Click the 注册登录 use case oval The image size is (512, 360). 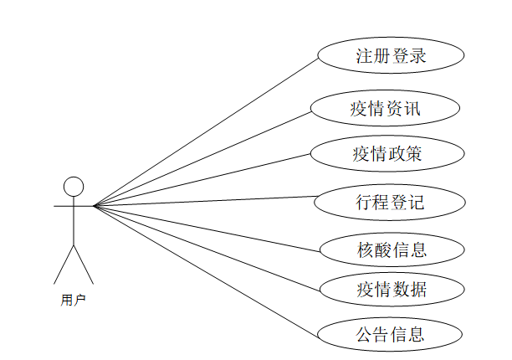tap(391, 57)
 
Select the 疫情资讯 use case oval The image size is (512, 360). tap(385, 108)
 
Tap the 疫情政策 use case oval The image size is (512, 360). tap(387, 154)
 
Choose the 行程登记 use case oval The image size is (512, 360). tap(389, 202)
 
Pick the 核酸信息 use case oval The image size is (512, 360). tap(391, 249)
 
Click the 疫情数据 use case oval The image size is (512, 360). tap(391, 289)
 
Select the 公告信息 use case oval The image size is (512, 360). tap(390, 335)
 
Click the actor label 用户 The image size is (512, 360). tap(74, 299)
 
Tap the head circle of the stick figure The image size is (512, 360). tap(74, 186)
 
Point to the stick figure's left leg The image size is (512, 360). tap(64, 265)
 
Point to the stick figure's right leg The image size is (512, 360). tap(84, 265)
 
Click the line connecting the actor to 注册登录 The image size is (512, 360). tap(206, 131)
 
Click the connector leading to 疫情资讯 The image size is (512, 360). tap(206, 157)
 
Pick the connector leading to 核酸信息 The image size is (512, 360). tap(206, 225)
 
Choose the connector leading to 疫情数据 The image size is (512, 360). tap(206, 247)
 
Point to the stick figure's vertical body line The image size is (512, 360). tap(74, 222)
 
